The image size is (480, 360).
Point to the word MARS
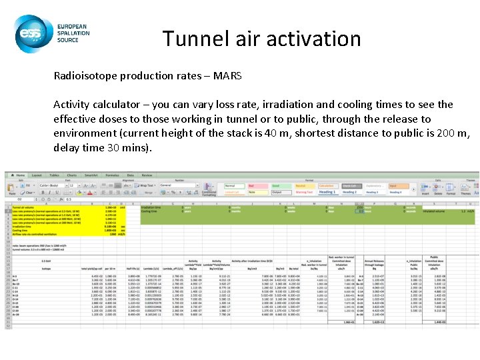tap(227, 75)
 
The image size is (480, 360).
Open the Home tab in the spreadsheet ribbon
tap(20, 175)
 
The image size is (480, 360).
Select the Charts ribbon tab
tap(71, 175)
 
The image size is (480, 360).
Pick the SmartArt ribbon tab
tap(92, 175)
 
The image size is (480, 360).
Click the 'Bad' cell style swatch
tap(253, 186)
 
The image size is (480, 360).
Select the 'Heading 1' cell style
tap(327, 192)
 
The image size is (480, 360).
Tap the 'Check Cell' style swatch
tap(349, 186)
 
